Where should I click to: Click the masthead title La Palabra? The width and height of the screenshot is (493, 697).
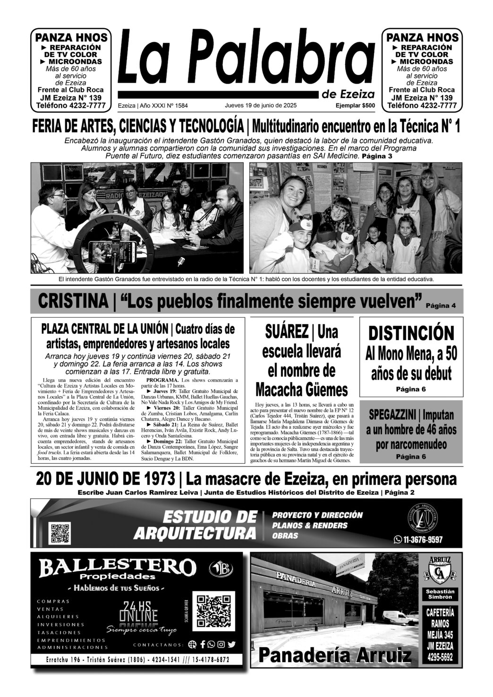pyautogui.click(x=246, y=59)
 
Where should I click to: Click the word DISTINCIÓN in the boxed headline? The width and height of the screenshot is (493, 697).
pyautogui.click(x=411, y=333)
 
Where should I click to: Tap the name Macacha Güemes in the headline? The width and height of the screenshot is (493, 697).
pyautogui.click(x=301, y=390)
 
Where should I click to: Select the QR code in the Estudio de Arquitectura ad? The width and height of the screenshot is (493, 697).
pyautogui.click(x=60, y=533)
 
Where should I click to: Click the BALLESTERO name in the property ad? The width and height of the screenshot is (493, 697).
pyautogui.click(x=118, y=567)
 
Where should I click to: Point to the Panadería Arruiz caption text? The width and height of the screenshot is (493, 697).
pyautogui.click(x=335, y=655)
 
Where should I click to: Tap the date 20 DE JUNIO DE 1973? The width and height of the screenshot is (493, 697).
pyautogui.click(x=105, y=479)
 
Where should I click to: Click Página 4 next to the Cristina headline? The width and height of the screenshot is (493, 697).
pyautogui.click(x=440, y=306)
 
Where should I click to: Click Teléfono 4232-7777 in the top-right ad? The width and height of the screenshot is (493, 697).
pyautogui.click(x=422, y=105)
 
